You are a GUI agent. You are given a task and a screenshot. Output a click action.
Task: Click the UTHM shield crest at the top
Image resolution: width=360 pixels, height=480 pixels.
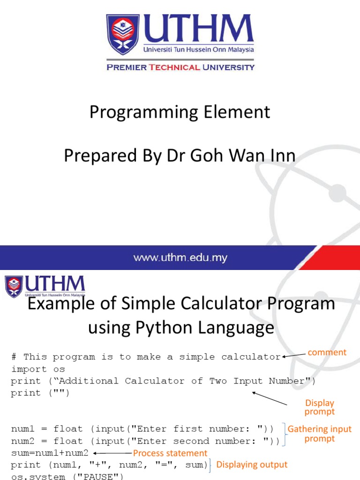click(123, 35)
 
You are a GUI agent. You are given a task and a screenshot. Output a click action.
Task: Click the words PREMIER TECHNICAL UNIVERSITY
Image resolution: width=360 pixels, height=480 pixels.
click(180, 67)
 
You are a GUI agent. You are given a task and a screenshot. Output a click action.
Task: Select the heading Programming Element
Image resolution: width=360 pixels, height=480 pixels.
click(180, 112)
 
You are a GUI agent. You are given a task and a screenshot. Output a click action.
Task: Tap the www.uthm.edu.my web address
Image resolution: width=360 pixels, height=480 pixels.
click(180, 257)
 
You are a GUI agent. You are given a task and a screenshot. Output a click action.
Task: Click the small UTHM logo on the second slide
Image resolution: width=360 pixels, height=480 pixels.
click(45, 287)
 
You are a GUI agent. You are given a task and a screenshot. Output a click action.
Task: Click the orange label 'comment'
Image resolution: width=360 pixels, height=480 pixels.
click(327, 352)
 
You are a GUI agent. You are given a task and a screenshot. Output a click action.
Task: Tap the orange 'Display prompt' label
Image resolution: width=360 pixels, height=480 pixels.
click(320, 407)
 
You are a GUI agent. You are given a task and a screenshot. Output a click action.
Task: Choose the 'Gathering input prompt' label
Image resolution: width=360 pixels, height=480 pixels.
click(319, 434)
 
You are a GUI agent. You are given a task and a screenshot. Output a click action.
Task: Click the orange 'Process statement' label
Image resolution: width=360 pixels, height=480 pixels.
click(170, 453)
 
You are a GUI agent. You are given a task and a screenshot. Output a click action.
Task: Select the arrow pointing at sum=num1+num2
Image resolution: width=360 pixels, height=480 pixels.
click(112, 453)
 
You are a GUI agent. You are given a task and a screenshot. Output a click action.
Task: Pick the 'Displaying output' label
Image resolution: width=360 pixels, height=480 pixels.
click(252, 465)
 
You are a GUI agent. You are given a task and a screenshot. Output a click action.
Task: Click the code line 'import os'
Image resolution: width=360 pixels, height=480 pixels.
click(38, 369)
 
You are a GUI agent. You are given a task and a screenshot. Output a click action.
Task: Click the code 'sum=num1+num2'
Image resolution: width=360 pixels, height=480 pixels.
click(50, 453)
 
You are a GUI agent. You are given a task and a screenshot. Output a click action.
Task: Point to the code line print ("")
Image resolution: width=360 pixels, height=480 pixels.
click(40, 393)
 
